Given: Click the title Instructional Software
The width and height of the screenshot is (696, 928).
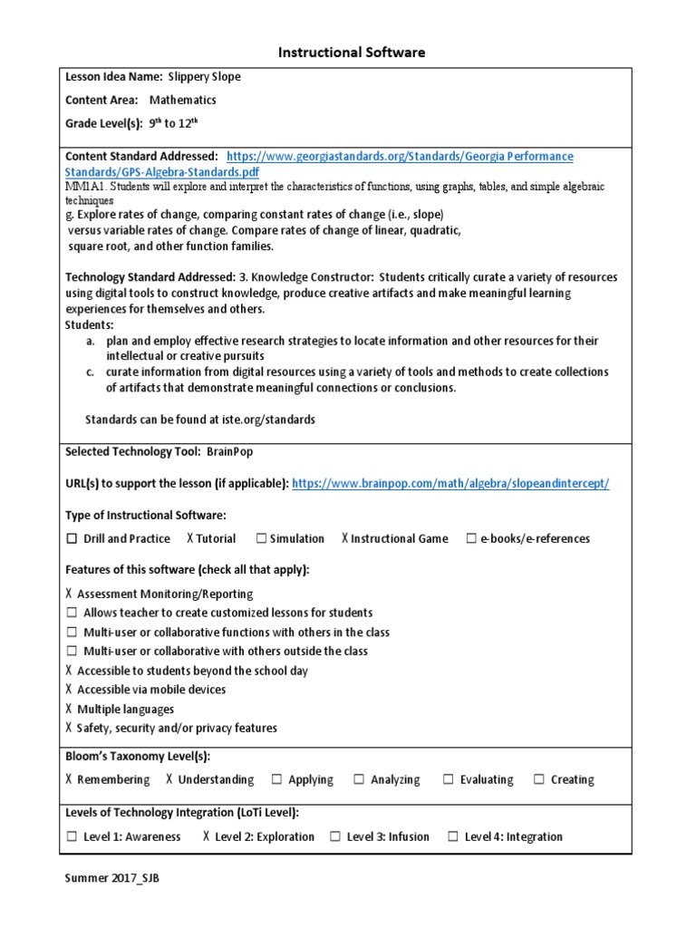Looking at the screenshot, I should point(348,53).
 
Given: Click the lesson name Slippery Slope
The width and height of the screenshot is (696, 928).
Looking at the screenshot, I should point(205,77).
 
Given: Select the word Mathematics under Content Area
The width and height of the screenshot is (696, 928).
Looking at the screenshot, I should point(183,101).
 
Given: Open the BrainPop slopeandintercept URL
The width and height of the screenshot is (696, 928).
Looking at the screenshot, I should point(451,484).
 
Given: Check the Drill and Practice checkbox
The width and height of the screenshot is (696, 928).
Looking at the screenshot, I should point(72,538).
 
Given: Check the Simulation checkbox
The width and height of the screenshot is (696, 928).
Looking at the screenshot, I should point(261,538).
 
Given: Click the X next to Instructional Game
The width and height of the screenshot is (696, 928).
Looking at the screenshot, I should point(345,538).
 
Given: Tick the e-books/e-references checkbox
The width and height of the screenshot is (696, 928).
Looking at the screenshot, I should point(471,538).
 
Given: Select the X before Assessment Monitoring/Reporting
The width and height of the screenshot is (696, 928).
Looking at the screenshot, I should point(70,594).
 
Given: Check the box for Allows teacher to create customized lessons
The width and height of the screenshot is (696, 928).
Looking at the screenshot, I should point(72,614).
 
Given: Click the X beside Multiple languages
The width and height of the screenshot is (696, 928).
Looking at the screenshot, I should point(70,710).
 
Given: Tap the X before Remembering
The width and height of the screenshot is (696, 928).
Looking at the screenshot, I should point(70,779).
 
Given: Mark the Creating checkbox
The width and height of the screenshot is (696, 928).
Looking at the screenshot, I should point(539,779).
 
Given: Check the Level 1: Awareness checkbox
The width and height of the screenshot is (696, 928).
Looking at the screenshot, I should point(72,836).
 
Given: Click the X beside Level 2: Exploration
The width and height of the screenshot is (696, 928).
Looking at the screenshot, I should point(207,836).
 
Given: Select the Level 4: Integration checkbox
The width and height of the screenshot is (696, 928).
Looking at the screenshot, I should point(452,836).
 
